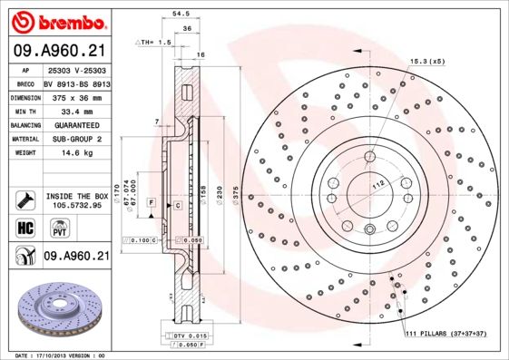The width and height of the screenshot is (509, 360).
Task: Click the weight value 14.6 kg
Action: coord(76,153)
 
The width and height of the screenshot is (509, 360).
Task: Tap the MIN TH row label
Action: coord(25,110)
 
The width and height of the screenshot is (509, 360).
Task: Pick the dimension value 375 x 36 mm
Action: coord(76,95)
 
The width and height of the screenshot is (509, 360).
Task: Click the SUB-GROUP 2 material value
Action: coord(76,139)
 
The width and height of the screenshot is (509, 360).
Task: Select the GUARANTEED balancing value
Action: coord(76,124)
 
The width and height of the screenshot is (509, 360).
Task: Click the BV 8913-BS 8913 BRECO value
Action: coord(76,82)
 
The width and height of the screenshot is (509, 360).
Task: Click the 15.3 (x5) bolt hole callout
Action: coord(427,61)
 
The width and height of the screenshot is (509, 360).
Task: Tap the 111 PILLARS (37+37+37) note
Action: coord(445,335)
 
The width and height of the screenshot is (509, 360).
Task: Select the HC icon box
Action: coord(25,227)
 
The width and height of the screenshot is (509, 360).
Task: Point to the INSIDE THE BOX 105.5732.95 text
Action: coord(76,199)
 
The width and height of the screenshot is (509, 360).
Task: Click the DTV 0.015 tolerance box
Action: coord(186,336)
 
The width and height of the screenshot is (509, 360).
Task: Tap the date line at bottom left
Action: coord(61,355)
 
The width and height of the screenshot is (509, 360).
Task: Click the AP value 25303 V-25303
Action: coord(76,69)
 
